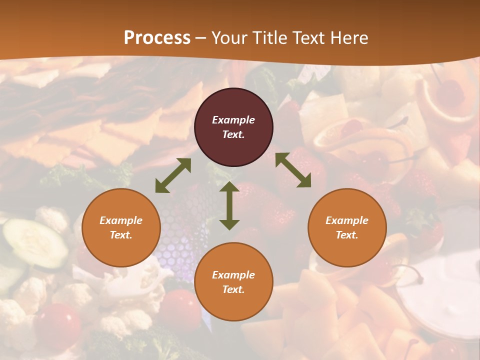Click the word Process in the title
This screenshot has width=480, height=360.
(157, 38)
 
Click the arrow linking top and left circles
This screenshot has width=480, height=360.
(173, 175)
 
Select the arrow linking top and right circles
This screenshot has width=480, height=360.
(293, 170)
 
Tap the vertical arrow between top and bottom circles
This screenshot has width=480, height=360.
(229, 205)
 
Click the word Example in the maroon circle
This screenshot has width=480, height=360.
(233, 120)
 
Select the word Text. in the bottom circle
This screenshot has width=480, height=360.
(233, 289)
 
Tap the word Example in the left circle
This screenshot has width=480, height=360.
(121, 220)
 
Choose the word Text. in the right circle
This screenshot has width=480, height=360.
(347, 235)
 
